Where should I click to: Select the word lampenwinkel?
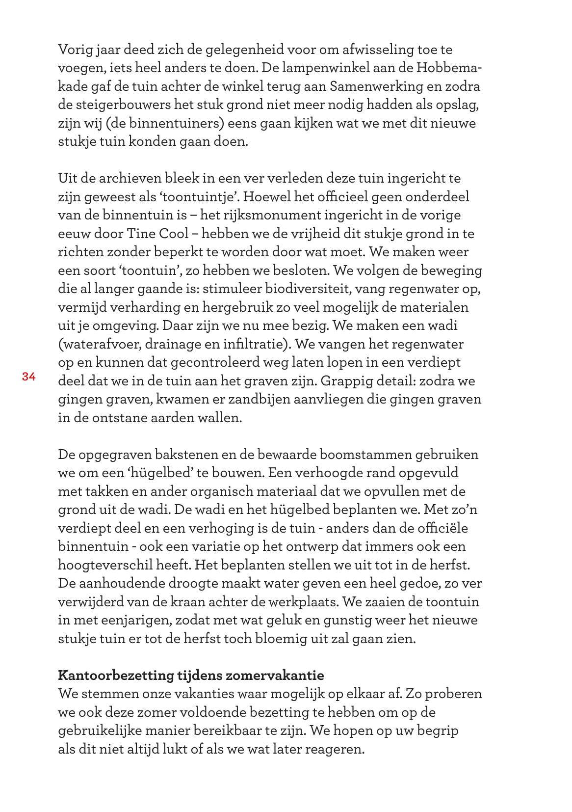pyautogui.click(x=329, y=68)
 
